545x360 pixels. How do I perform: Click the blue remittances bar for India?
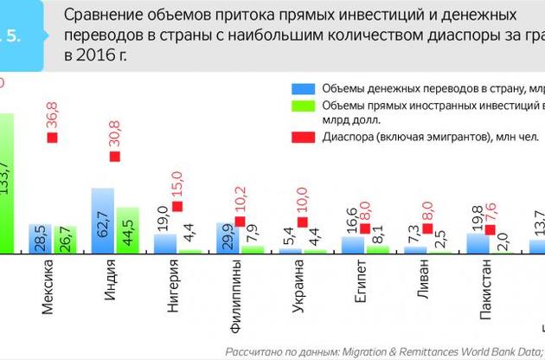103,221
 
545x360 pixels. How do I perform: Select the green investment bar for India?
127,230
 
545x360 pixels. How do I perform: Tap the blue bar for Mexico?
40,238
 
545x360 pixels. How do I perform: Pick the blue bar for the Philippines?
228,237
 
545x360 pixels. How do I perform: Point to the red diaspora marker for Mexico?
52,138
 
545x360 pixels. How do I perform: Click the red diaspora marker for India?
114,157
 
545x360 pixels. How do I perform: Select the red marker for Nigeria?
177,206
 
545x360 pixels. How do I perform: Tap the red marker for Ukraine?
303,222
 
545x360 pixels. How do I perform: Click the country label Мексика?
48,290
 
